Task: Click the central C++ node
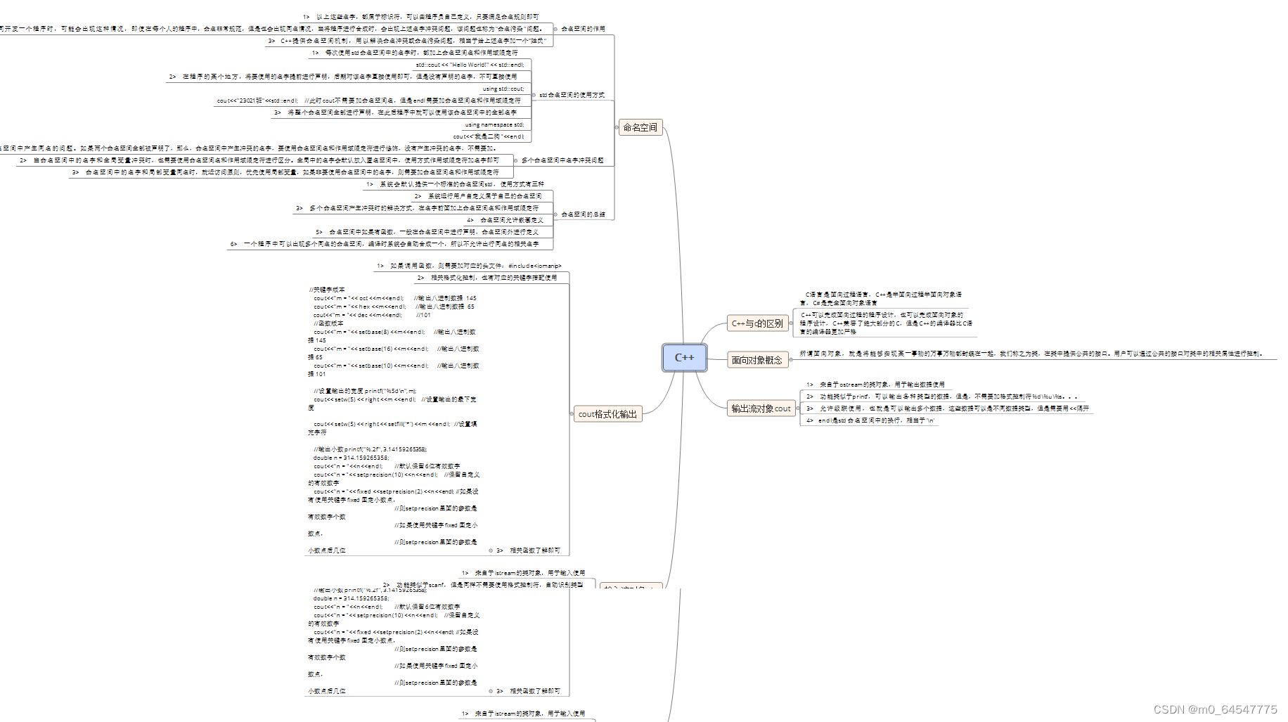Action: point(684,357)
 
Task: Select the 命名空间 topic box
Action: point(640,127)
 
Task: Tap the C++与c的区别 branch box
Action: point(757,323)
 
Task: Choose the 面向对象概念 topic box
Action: point(756,360)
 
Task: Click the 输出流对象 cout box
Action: point(761,408)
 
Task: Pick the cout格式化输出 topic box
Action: point(607,414)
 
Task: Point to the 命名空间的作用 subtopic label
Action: point(583,29)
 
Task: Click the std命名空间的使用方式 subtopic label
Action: point(572,95)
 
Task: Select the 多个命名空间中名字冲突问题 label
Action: point(562,160)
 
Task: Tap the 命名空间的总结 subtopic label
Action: point(583,214)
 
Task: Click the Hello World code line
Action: point(470,65)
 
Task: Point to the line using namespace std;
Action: point(494,124)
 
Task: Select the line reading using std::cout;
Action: point(503,89)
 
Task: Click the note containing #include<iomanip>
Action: point(469,266)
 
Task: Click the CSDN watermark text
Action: point(1215,709)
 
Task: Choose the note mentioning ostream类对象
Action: point(875,385)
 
